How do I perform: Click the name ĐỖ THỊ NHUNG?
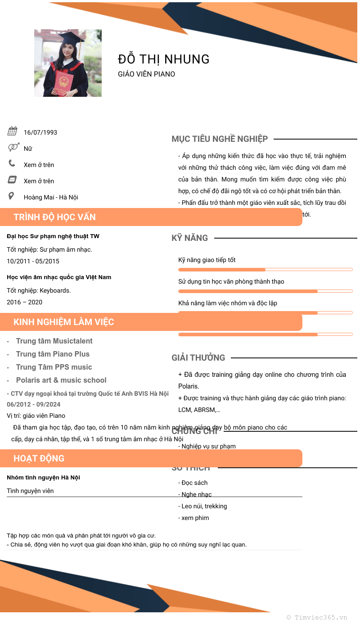[x=164, y=59]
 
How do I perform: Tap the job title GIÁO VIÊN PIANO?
[x=146, y=74]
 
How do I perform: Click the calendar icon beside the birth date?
[x=12, y=131]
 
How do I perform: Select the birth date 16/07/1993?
[x=40, y=132]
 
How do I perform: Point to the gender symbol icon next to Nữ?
[x=13, y=147]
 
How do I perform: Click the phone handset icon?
[x=12, y=163]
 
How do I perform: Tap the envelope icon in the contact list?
[x=12, y=180]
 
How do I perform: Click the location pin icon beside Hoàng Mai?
[x=11, y=196]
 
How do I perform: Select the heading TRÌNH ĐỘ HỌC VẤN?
[x=54, y=217]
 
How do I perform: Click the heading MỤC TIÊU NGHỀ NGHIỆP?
[x=220, y=139]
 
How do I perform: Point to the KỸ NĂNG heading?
[x=189, y=238]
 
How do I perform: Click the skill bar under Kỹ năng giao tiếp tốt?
[x=265, y=270]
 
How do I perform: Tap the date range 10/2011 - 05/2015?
[x=33, y=261]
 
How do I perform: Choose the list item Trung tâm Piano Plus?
[x=53, y=354]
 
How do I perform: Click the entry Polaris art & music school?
[x=61, y=380]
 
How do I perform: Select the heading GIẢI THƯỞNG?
[x=198, y=357]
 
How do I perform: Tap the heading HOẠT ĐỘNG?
[x=39, y=458]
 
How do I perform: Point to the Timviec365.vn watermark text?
[x=317, y=617]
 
